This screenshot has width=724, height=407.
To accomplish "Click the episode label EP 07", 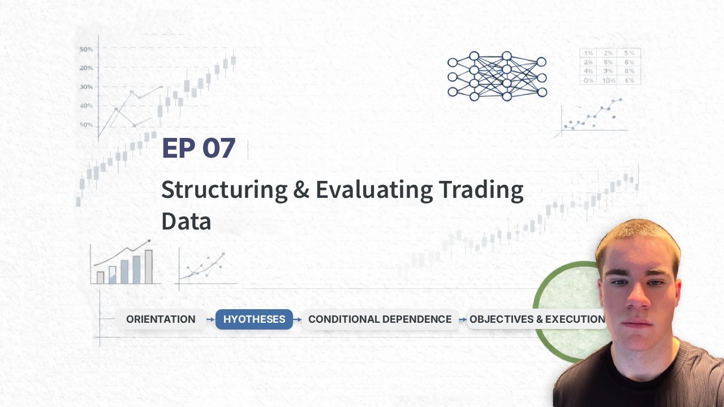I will click(198, 148).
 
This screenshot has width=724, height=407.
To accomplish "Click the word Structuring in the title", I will click(224, 190).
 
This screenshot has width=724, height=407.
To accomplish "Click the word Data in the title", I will click(186, 222).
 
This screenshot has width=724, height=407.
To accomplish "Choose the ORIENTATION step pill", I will click(161, 319).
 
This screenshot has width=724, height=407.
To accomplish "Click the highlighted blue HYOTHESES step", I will click(254, 319).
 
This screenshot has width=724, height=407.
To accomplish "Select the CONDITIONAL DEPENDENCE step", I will click(380, 319).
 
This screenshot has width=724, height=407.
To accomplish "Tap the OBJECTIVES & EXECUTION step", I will click(537, 319).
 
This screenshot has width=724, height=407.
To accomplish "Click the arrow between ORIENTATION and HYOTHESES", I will click(210, 320).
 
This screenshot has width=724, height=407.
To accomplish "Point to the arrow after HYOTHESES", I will click(298, 320).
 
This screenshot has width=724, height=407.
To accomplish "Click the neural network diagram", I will click(497, 76).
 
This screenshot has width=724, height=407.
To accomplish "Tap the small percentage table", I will click(610, 67).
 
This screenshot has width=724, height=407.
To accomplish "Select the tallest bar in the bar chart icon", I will click(149, 267).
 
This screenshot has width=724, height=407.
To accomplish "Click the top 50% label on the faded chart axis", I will click(86, 49).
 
